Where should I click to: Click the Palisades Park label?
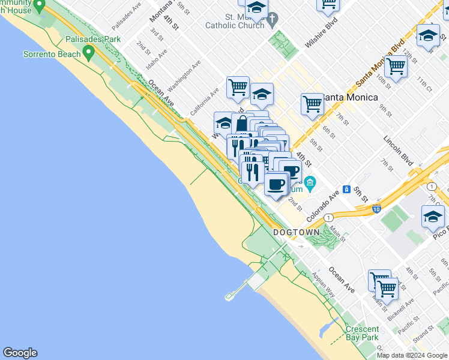(94, 40)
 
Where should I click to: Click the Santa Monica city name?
(351, 97)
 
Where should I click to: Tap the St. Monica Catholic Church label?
(235, 21)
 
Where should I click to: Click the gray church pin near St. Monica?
(273, 20)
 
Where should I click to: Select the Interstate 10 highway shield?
(376, 209)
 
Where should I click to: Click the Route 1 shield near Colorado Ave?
(328, 217)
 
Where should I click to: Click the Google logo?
(20, 353)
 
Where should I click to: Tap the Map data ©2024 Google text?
(411, 355)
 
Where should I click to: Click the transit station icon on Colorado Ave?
(346, 189)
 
